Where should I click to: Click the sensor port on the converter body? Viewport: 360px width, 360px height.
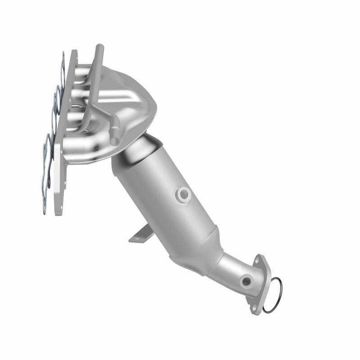pyautogui.click(x=183, y=194)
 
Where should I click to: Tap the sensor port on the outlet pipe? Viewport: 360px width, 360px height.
pyautogui.click(x=246, y=282)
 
